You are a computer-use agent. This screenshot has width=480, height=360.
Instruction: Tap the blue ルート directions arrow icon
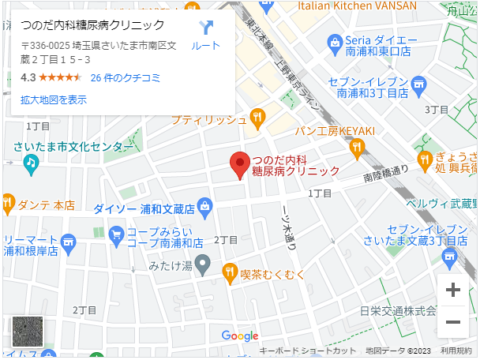(206, 28)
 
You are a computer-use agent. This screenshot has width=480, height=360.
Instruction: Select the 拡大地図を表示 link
(54, 99)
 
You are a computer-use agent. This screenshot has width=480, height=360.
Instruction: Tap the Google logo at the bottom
(239, 336)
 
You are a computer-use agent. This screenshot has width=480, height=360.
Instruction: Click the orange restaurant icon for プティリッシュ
(257, 119)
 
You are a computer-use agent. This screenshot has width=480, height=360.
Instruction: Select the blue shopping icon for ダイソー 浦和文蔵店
(205, 208)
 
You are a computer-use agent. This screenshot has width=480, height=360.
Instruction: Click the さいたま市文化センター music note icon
(31, 163)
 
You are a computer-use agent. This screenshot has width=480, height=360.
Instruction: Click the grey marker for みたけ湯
(203, 264)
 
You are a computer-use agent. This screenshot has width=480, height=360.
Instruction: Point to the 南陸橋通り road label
(386, 172)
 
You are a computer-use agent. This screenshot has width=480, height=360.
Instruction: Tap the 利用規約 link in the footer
(456, 351)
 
